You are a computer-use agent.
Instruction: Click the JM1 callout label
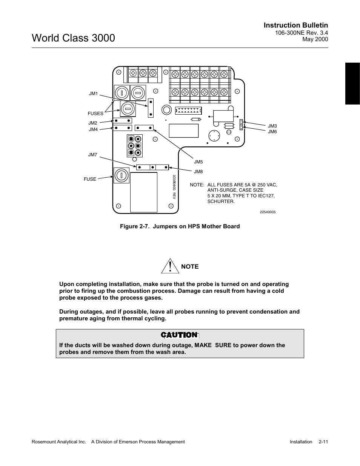click(x=93, y=94)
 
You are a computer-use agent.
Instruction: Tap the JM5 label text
click(x=198, y=162)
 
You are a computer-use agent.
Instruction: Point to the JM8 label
click(x=198, y=172)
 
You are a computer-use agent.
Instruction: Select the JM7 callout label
click(x=93, y=155)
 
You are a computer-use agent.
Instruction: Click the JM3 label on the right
click(x=272, y=126)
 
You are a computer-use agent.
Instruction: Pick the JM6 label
click(x=272, y=132)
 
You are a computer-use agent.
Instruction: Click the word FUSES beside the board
click(x=95, y=113)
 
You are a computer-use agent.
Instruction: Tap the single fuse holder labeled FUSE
click(x=122, y=175)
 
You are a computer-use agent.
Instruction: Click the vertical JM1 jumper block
click(x=151, y=108)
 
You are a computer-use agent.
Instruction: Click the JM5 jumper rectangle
click(x=144, y=128)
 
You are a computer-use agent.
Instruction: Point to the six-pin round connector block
click(x=135, y=146)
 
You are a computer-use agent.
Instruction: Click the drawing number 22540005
click(x=268, y=212)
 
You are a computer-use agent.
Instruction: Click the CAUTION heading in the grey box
click(x=179, y=335)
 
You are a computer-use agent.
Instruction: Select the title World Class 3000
click(x=74, y=38)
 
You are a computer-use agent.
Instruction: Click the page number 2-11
click(x=323, y=442)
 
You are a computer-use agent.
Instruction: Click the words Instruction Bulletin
click(x=296, y=25)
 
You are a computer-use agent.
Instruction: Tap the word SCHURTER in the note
click(x=221, y=201)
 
